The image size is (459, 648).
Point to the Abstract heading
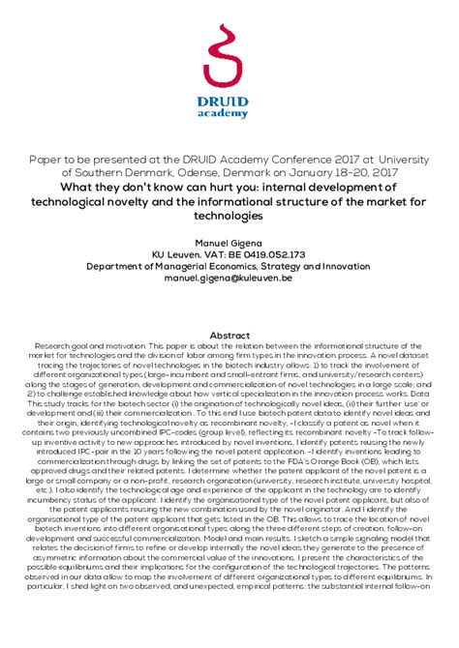coord(229,333)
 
